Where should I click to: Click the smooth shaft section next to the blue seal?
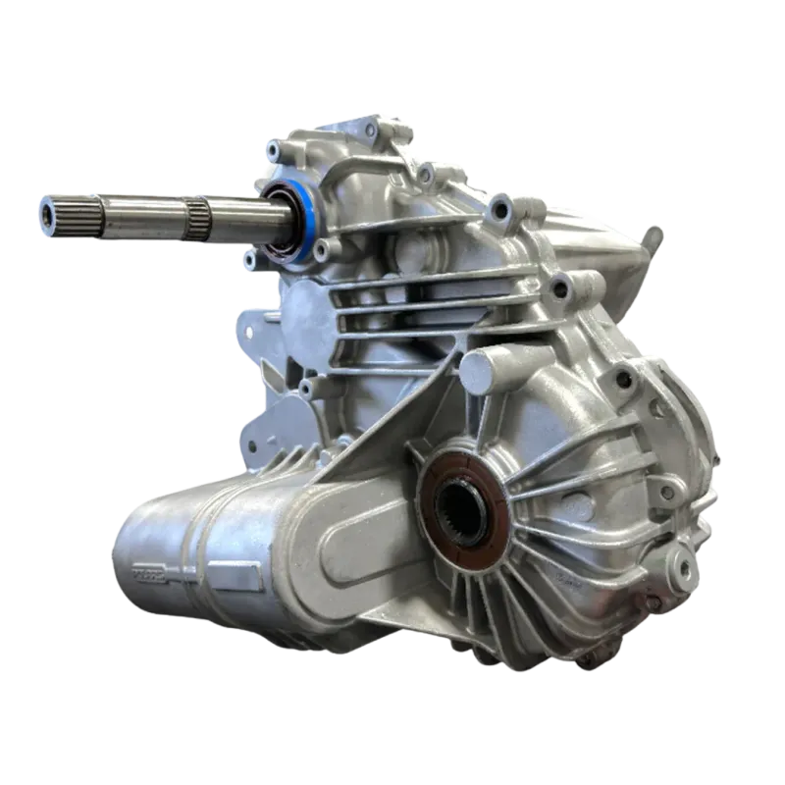[245, 209]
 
